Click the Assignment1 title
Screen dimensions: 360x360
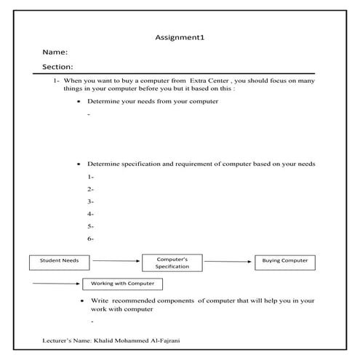180,37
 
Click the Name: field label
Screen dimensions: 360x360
55,52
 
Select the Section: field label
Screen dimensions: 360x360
58,67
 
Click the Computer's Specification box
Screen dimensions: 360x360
172,263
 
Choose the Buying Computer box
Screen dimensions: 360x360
284,261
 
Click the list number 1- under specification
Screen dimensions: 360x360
90,177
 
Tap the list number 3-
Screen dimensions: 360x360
90,201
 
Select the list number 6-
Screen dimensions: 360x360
90,239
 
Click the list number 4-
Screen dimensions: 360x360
90,214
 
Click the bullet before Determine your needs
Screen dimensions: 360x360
79,102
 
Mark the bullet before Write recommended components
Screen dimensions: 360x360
81,300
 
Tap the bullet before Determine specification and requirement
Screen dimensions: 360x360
79,164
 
